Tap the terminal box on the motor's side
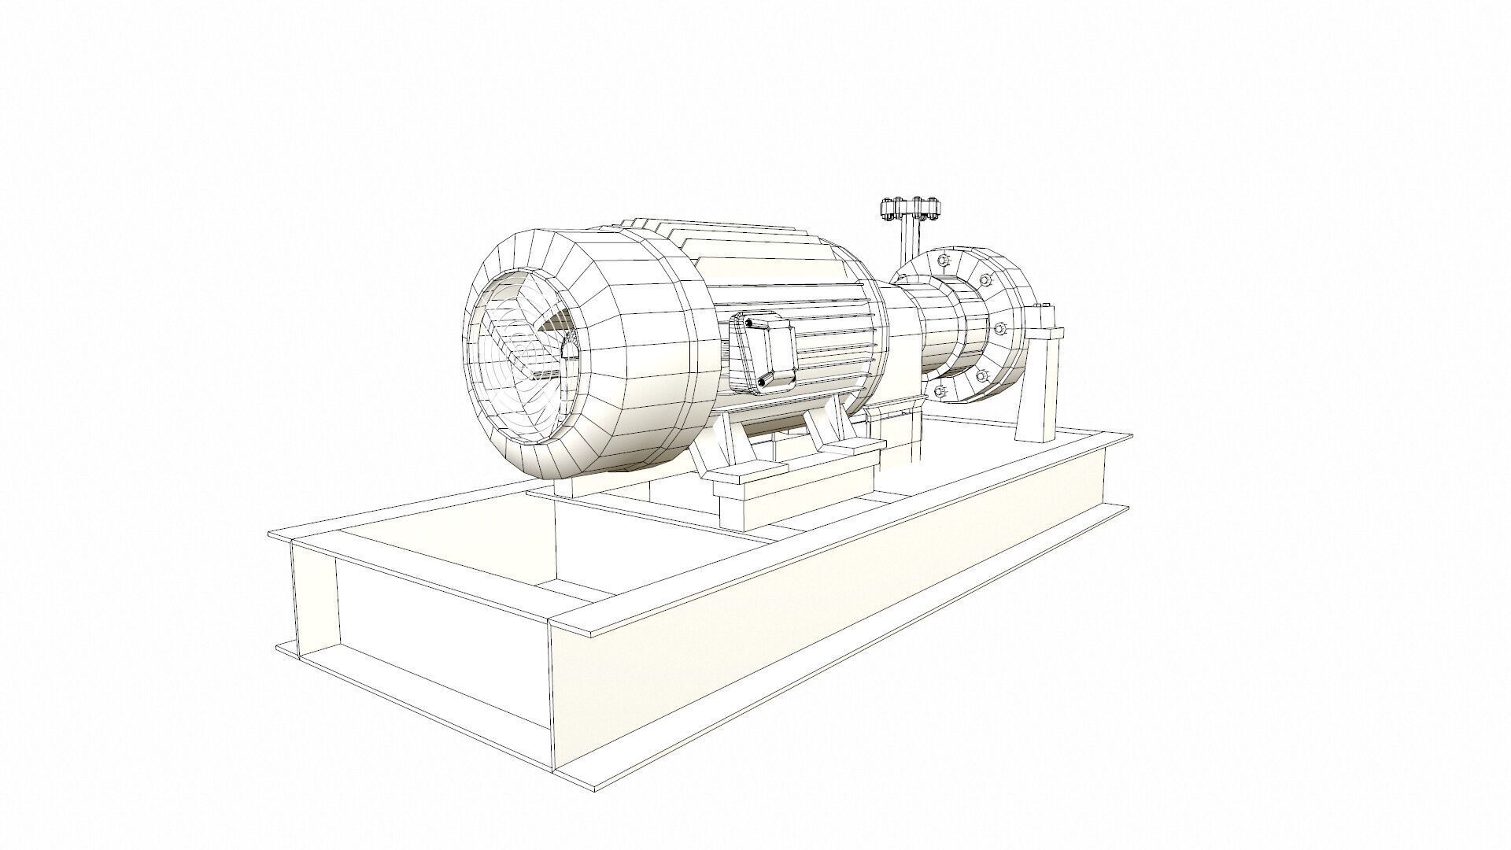(761, 352)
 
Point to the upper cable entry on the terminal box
(747, 322)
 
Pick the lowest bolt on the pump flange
(940, 391)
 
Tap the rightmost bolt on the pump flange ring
(1000, 327)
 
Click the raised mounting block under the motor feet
(795, 488)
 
